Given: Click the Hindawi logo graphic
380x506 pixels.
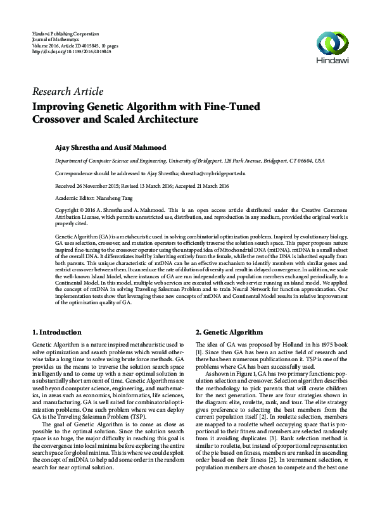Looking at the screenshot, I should tap(333, 44).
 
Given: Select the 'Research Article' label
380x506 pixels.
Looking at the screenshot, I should tap(67, 92).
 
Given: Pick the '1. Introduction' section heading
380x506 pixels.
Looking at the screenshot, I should tap(56, 332).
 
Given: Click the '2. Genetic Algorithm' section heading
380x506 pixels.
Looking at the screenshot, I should tap(228, 332).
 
